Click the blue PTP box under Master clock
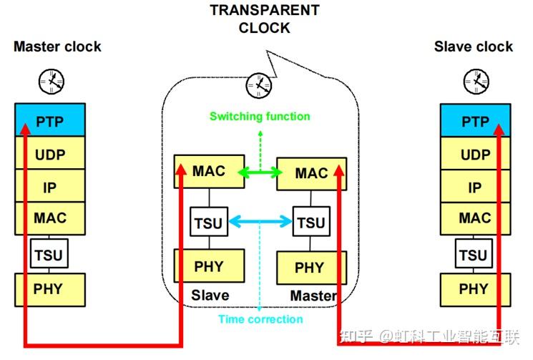pos(49,121)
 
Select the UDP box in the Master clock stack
pos(49,155)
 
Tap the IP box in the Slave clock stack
pos(474,188)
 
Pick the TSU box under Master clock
pos(49,254)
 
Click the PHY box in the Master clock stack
pos(49,289)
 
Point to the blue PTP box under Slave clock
pos(474,121)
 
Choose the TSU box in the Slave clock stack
pos(473,254)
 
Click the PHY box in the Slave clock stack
pos(474,289)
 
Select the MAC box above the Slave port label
pos(209,172)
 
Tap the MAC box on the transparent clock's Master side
pos(311,173)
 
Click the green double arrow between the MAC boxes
pos(260,172)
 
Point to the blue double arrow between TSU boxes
pos(260,223)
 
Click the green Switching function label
pos(260,116)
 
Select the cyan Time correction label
pos(260,319)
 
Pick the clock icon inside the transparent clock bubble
pos(259,86)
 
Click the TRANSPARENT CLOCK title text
pos(264,19)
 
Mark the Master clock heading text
pos(57,47)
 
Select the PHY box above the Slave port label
pos(209,266)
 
